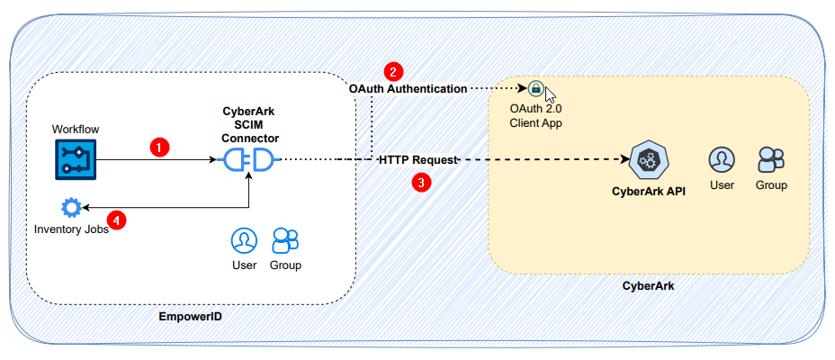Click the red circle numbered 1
159,147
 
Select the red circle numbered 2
392,71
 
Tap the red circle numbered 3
420,182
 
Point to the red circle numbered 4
115,219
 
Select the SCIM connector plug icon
247,160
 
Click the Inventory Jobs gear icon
70,208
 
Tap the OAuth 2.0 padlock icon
535,88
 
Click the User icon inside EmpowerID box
244,240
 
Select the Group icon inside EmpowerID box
285,239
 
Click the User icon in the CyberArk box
721,159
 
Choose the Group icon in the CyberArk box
771,159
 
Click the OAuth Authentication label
408,89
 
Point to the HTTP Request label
418,159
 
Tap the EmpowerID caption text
190,317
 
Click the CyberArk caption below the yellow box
648,285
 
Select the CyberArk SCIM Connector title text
250,125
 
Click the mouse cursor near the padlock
550,94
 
